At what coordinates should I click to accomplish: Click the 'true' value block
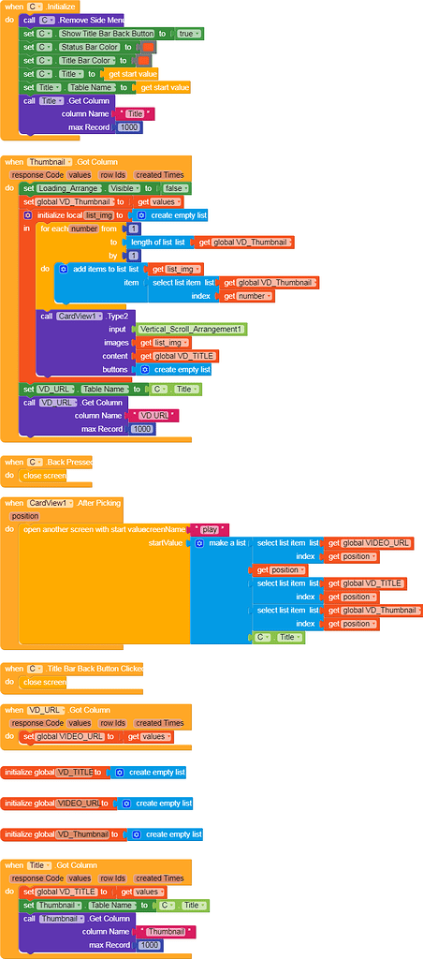(188, 33)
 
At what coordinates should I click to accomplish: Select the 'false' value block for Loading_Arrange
(174, 187)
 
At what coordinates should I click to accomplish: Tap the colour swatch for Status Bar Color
(149, 47)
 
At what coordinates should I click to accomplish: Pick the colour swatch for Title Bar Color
(144, 60)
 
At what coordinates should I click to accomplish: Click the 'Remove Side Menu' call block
(91, 20)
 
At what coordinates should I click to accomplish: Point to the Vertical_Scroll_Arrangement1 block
(191, 330)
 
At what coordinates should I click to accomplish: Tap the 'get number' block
(247, 296)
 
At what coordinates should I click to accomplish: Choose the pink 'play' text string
(210, 529)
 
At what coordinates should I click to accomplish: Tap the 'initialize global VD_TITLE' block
(56, 773)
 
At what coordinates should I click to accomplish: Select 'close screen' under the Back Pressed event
(45, 476)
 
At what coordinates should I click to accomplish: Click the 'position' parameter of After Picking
(24, 516)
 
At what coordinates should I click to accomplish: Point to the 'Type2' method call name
(120, 317)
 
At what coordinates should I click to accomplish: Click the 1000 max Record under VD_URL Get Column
(142, 428)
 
